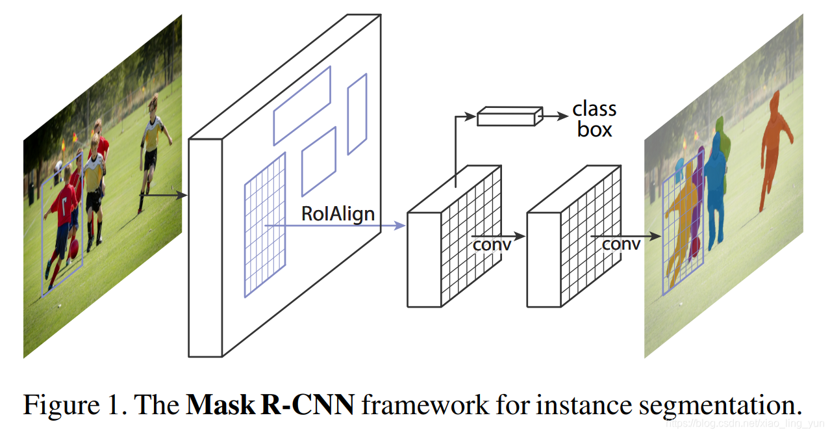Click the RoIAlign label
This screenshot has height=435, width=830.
point(338,214)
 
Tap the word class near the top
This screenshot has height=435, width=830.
point(594,109)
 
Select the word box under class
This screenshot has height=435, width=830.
point(594,129)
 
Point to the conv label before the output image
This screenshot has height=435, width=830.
point(621,244)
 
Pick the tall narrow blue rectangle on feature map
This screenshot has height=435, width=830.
point(357,114)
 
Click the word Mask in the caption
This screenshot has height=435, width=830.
point(220,404)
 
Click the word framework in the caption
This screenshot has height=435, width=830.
point(425,404)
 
